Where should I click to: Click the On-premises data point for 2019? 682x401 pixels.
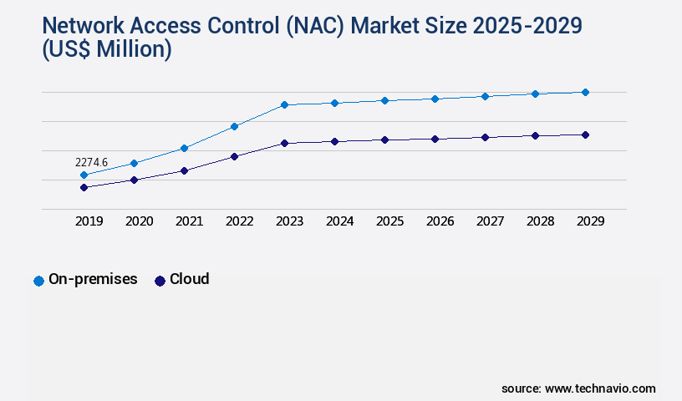coord(84,175)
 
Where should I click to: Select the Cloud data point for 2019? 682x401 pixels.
coord(84,187)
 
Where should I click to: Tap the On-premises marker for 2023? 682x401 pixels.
coord(284,104)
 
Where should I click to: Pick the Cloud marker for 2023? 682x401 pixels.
coord(284,143)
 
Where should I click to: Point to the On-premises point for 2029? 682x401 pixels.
coord(585,92)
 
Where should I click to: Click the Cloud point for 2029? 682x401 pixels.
coord(585,135)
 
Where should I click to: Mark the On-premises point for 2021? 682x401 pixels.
coord(184,148)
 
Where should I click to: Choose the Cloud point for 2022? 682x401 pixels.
coord(234,156)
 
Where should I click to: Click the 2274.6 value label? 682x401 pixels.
coord(91,162)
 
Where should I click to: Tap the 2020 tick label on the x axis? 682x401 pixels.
coord(139,221)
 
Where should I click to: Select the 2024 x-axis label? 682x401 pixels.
coord(339,221)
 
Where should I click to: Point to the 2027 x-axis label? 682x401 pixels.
coord(490,221)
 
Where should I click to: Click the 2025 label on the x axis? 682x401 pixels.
coord(389,221)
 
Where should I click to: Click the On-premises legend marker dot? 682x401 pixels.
coord(38,281)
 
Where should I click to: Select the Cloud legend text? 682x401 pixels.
coord(189,279)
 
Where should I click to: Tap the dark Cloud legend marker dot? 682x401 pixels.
coord(160,281)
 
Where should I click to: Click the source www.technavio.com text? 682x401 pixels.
coord(578,388)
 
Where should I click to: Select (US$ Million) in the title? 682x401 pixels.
coord(106,50)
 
